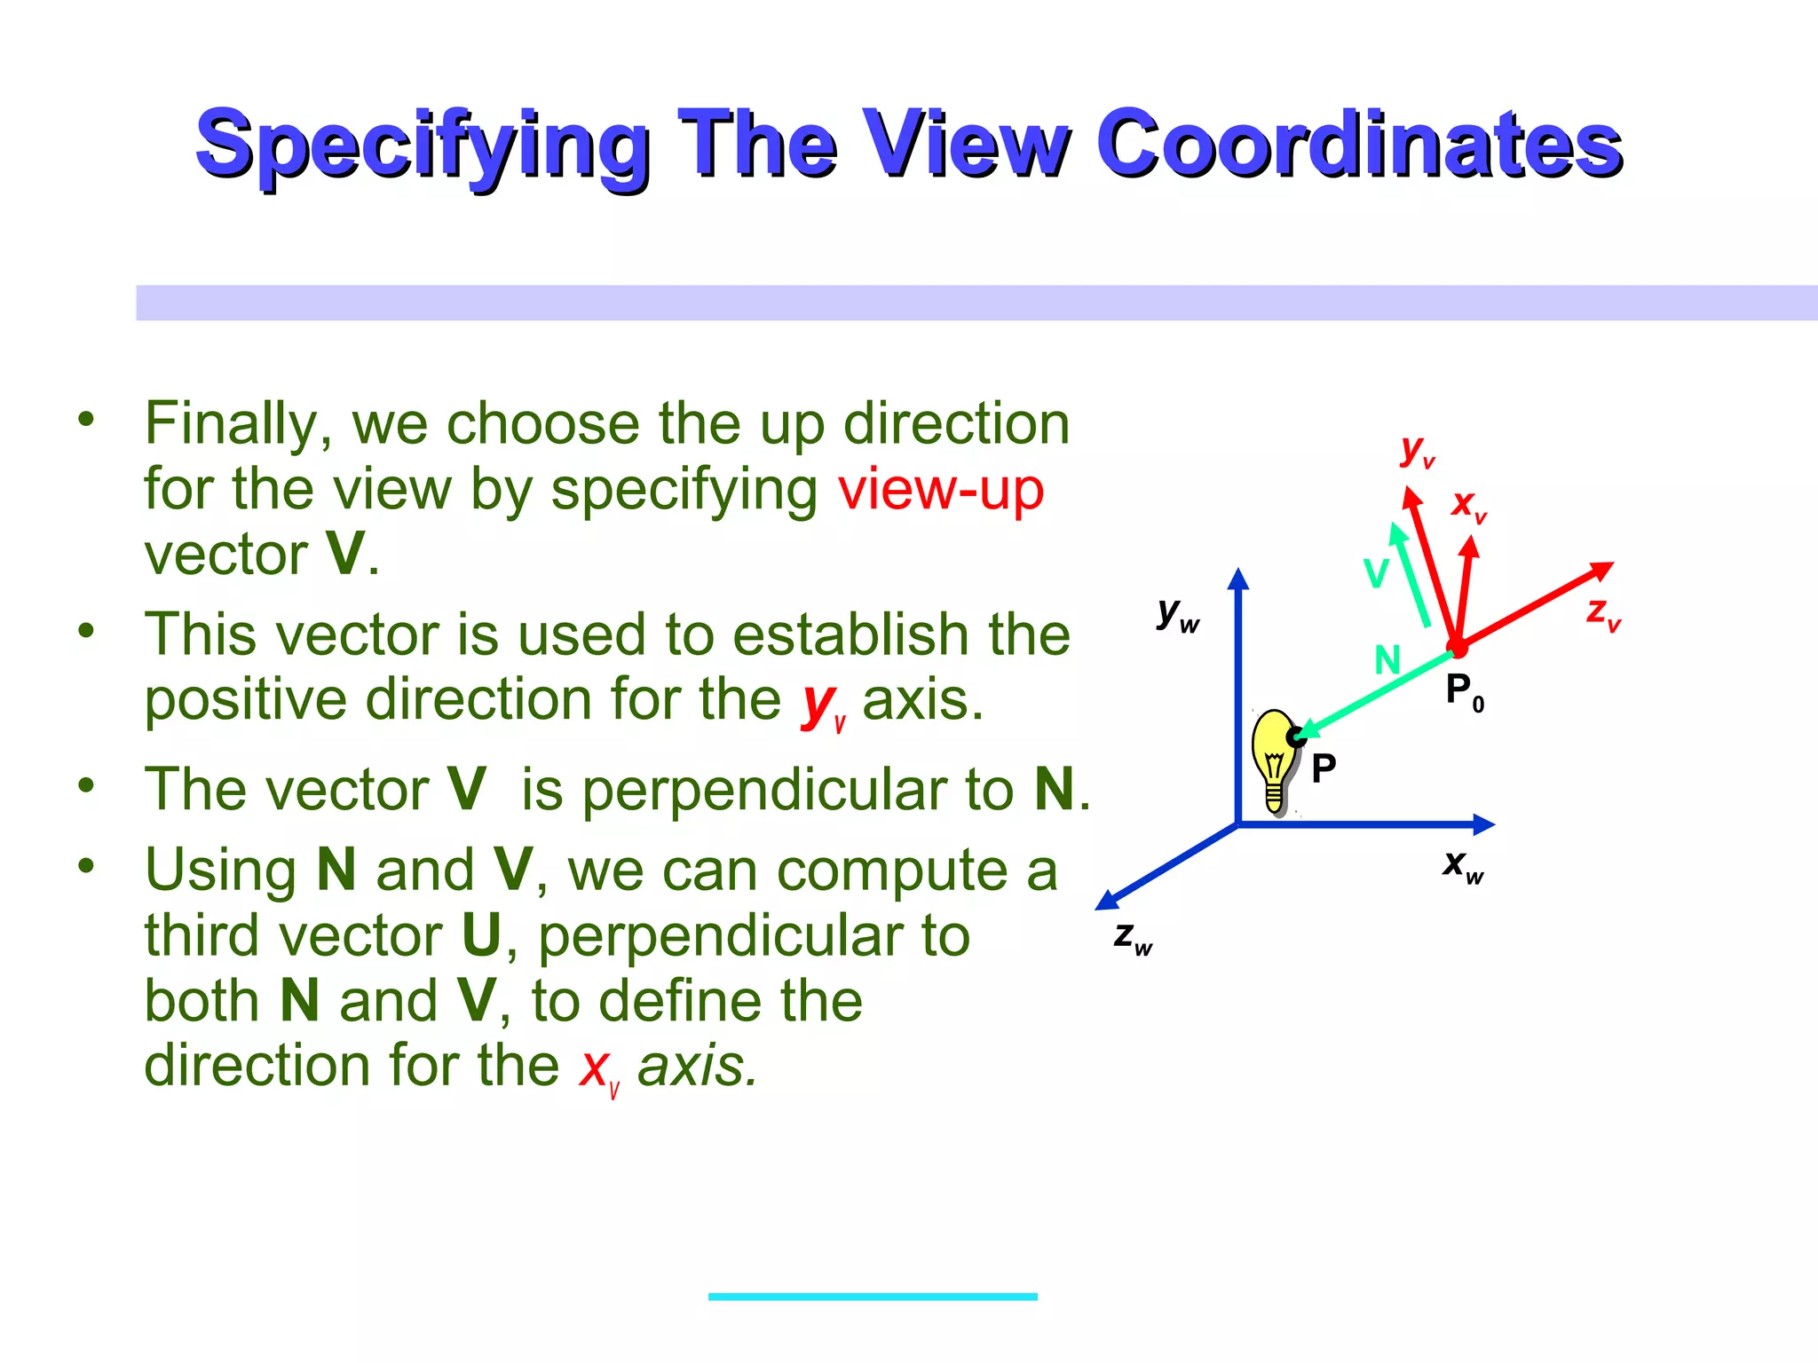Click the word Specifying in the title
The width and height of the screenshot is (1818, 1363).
coord(422,145)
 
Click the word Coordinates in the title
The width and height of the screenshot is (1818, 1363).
coord(1358,145)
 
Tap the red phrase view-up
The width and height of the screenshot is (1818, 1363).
coord(941,489)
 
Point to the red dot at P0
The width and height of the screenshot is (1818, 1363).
coord(1457,648)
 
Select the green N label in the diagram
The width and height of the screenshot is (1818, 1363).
coord(1387,660)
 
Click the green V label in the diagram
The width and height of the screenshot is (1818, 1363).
coord(1376,574)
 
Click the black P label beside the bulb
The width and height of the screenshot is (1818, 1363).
coord(1324,768)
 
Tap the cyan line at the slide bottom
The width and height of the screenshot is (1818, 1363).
coord(873,1296)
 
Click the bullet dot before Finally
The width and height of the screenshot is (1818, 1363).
coord(86,419)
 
